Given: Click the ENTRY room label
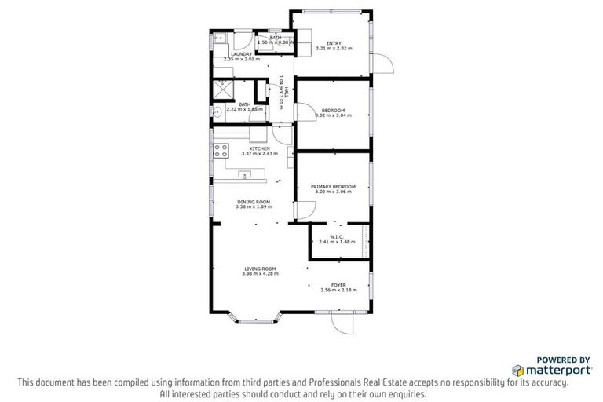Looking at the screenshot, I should tap(334, 43).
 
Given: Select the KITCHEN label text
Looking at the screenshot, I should tap(260, 148).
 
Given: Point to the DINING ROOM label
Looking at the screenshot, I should tap(254, 202).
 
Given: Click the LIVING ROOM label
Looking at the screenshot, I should tap(259, 269).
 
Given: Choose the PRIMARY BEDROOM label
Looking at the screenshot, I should tap(333, 186).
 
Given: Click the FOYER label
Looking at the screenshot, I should tap(338, 285).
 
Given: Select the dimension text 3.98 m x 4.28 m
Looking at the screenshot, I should tap(259, 274).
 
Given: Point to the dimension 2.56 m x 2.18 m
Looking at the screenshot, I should tap(338, 291).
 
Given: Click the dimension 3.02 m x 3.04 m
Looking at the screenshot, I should tap(333, 115).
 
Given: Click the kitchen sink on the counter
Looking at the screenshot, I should tap(245, 174).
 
